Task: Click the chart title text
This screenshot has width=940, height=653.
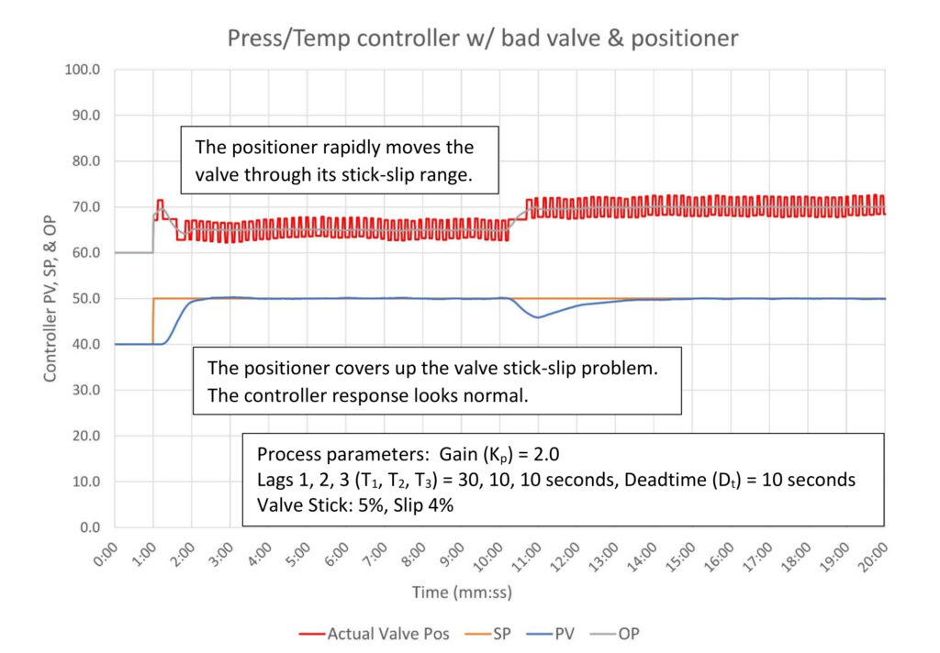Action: (x=482, y=39)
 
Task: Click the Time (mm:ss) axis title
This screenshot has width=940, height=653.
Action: (x=462, y=593)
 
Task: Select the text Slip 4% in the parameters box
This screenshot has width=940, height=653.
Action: (x=412, y=504)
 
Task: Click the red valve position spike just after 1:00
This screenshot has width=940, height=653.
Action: (x=160, y=201)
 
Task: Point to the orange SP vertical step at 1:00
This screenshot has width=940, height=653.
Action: (x=152, y=321)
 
